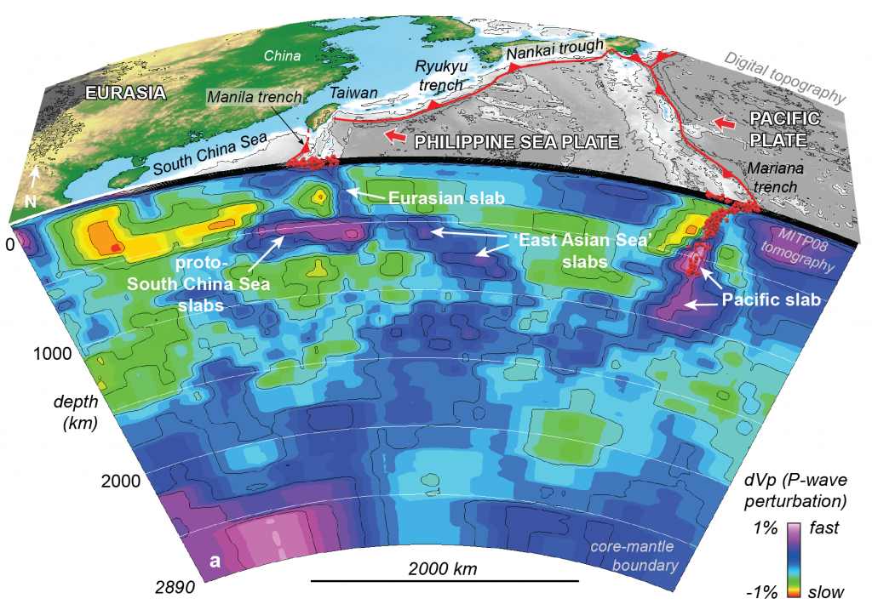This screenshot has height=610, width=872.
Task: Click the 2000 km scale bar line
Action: (x=444, y=581)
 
